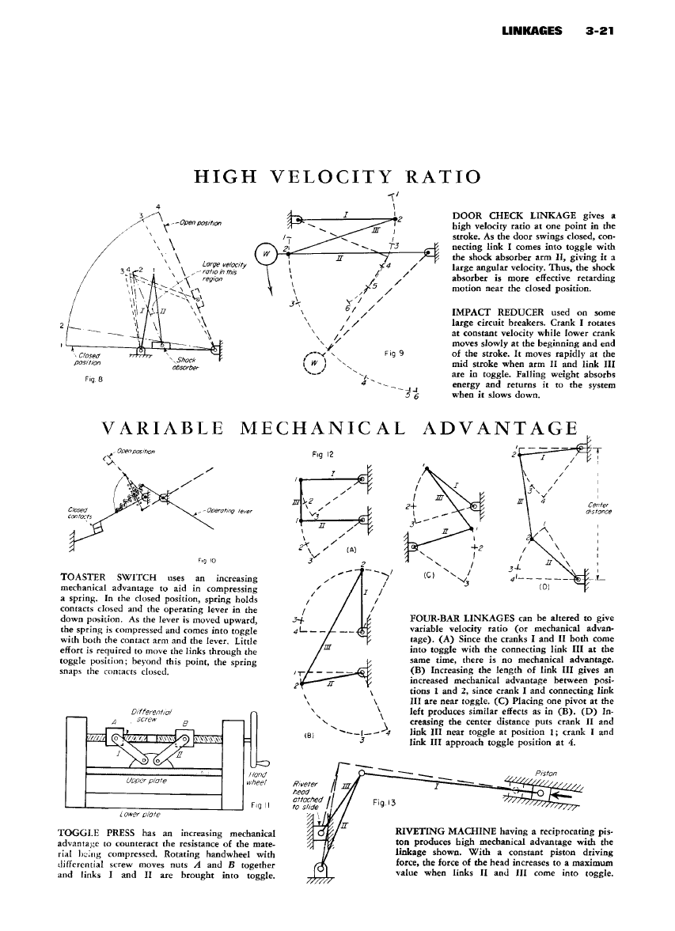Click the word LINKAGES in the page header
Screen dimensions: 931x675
(x=532, y=32)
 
